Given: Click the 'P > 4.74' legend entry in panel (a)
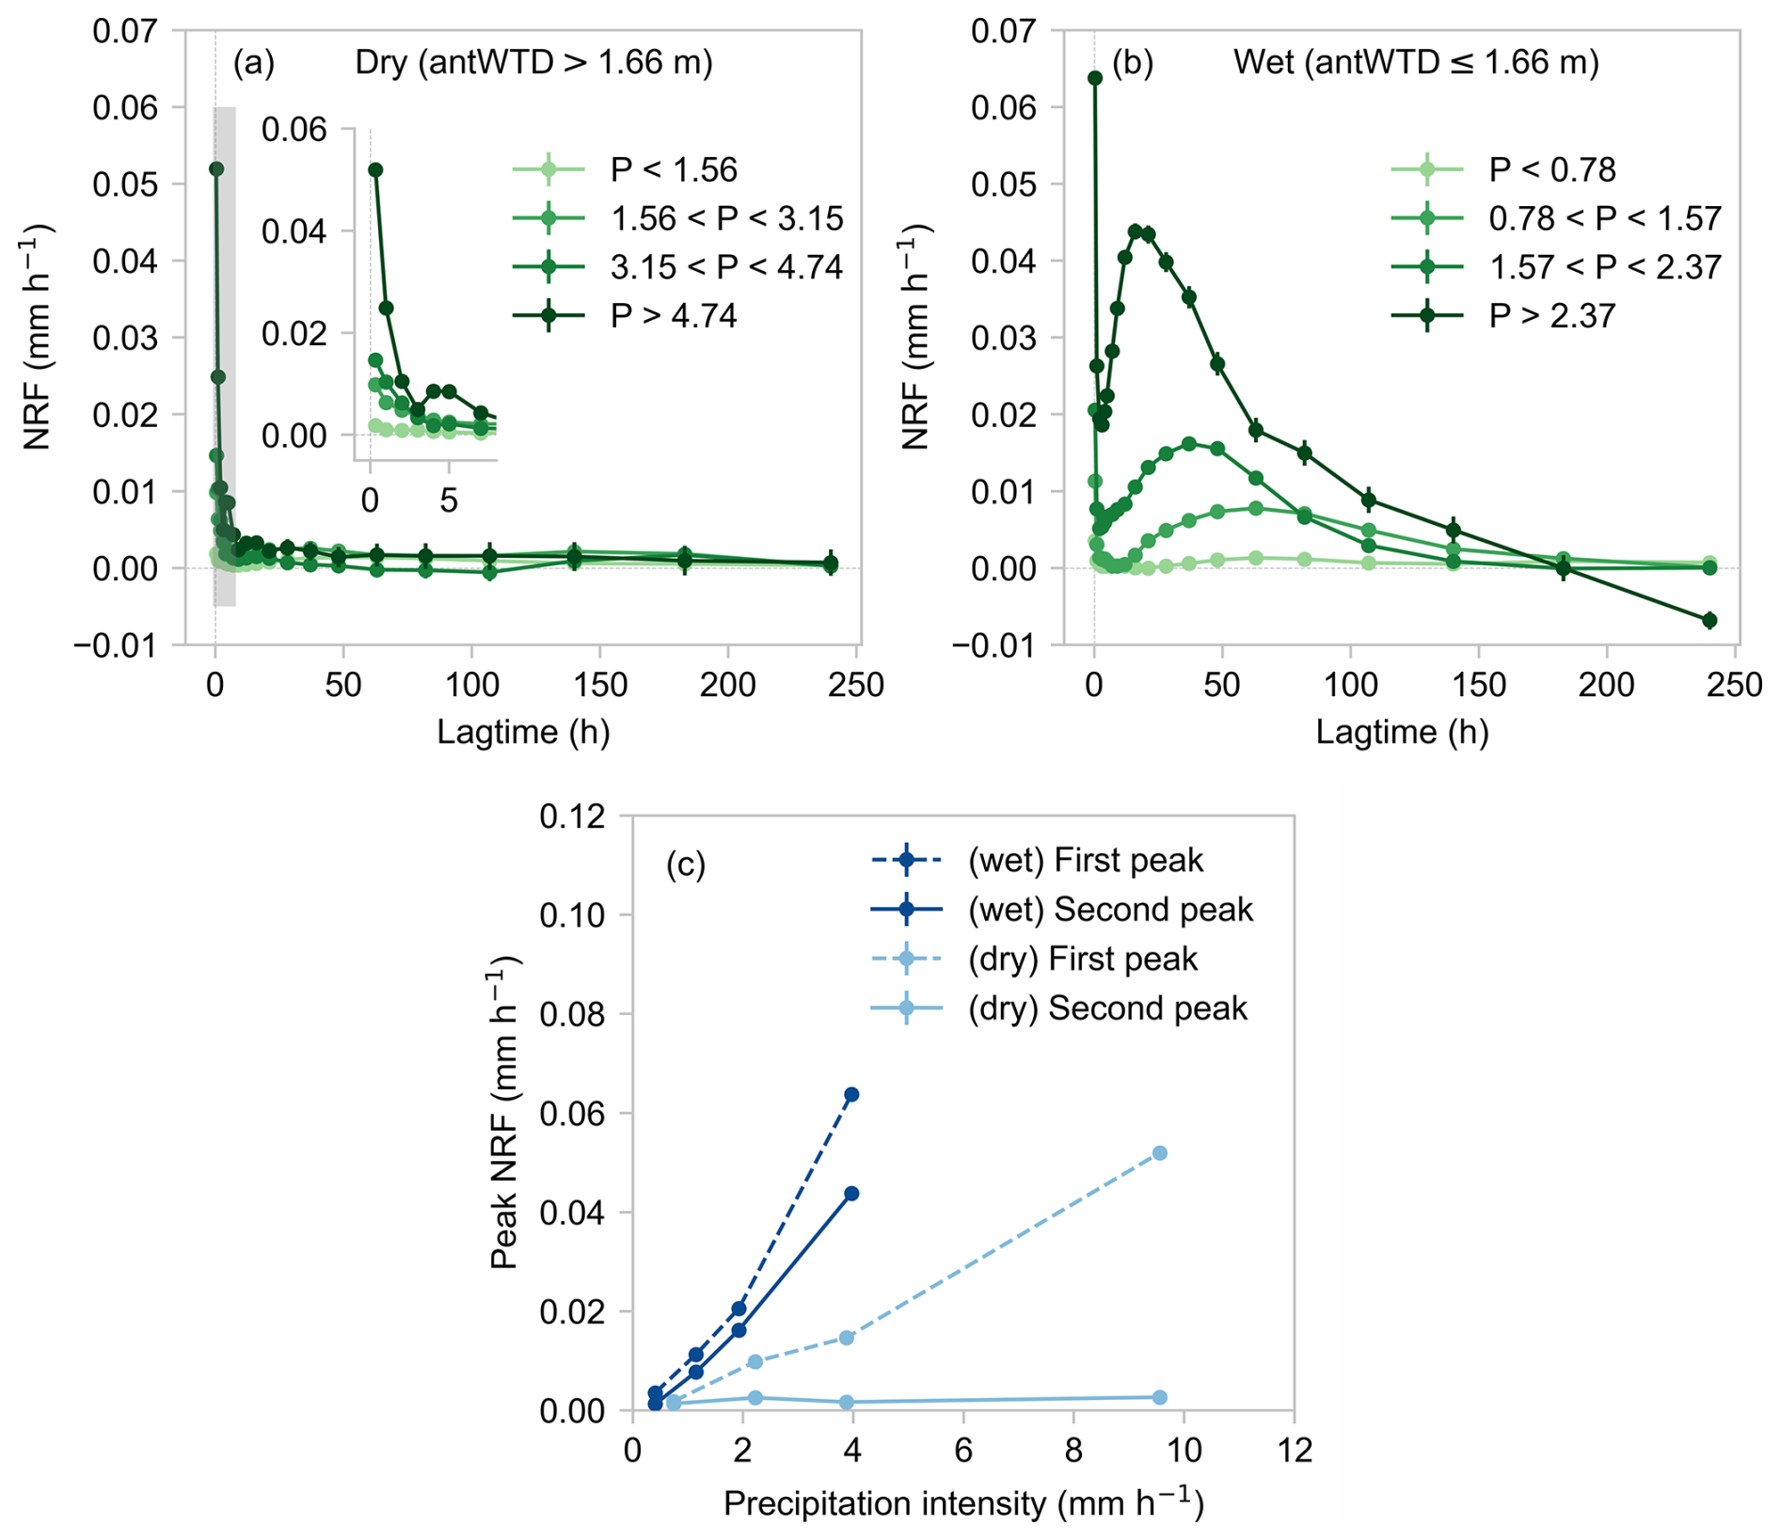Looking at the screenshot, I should (x=674, y=315).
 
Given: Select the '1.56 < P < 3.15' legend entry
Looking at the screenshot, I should (x=726, y=218).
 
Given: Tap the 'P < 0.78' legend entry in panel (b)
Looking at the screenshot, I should (x=1552, y=169).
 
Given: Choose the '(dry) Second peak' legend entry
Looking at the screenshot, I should (x=1107, y=1008).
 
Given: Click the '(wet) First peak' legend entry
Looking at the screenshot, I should (x=1086, y=860).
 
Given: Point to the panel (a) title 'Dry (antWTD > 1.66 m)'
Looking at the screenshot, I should (x=533, y=62).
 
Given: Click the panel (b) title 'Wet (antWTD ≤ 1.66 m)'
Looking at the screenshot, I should (x=1416, y=62).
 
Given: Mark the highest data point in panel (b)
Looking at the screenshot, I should (x=1095, y=78).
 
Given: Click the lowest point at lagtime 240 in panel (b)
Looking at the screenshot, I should (x=1709, y=620).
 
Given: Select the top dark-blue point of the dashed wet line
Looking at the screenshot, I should (x=851, y=1094).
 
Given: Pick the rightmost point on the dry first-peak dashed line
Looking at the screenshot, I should (x=1159, y=1153).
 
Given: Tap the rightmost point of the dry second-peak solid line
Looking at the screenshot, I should (x=1159, y=1398).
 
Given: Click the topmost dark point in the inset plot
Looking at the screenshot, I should (x=375, y=169).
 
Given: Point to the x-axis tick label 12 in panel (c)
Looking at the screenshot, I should (x=1295, y=1451).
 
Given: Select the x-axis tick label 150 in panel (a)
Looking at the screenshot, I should (x=600, y=685).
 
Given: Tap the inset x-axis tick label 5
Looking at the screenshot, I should (x=449, y=500).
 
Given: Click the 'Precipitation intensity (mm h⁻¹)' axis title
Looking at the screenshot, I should (x=963, y=1503).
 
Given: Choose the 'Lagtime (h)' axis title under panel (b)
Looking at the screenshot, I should (x=1402, y=733).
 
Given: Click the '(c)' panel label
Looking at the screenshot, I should (x=685, y=864).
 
